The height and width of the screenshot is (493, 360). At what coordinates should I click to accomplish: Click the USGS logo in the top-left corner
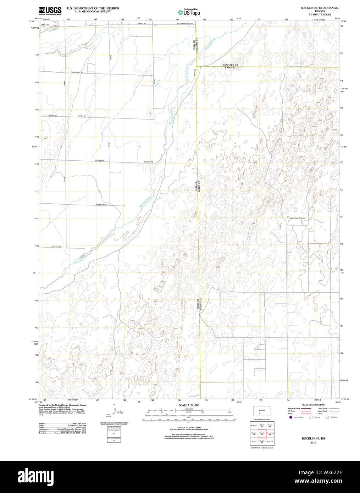tap(50, 11)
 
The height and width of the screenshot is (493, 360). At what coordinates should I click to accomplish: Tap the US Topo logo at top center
tap(189, 12)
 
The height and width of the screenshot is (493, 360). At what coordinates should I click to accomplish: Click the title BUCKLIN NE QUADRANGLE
tap(320, 8)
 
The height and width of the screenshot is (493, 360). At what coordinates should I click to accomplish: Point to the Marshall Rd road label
tap(77, 72)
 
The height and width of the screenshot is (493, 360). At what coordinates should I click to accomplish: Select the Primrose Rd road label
tap(101, 205)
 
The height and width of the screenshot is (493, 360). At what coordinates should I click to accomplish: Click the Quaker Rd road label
tap(57, 247)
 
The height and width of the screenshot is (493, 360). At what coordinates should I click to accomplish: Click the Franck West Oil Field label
tap(297, 218)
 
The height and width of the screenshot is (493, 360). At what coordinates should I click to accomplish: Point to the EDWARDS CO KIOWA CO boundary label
tap(230, 66)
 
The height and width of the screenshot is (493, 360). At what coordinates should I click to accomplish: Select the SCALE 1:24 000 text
tap(189, 405)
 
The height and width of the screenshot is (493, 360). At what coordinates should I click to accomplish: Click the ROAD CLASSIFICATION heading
tap(313, 405)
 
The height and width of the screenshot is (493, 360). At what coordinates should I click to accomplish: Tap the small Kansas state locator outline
tap(262, 411)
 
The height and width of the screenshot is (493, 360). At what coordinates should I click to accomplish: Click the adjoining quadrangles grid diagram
tap(262, 433)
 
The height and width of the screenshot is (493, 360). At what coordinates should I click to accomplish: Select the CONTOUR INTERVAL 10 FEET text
tap(189, 427)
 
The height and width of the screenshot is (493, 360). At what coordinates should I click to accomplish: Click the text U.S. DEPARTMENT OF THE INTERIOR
tap(93, 8)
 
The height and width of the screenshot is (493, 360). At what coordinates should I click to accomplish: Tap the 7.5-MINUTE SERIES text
tap(320, 15)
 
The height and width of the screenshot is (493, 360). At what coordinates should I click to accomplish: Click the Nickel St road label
tap(82, 116)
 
